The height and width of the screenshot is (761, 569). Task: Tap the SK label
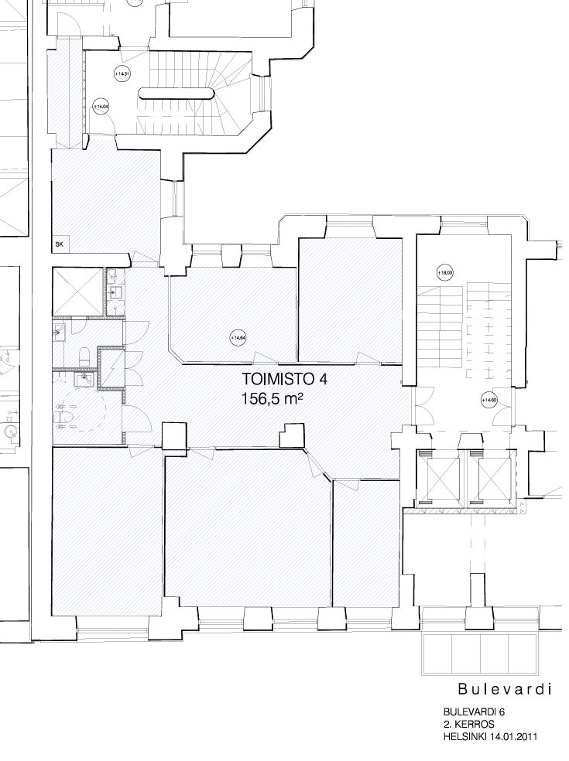(x=59, y=244)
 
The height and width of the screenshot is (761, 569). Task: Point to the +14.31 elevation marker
(x=120, y=74)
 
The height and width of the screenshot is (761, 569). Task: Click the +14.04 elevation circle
(x=100, y=106)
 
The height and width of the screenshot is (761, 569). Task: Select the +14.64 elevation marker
(x=238, y=337)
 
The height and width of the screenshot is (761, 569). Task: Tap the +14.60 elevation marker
(x=488, y=400)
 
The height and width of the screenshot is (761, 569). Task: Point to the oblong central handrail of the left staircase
(x=176, y=94)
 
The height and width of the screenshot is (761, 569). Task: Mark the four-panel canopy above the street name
(x=480, y=654)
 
